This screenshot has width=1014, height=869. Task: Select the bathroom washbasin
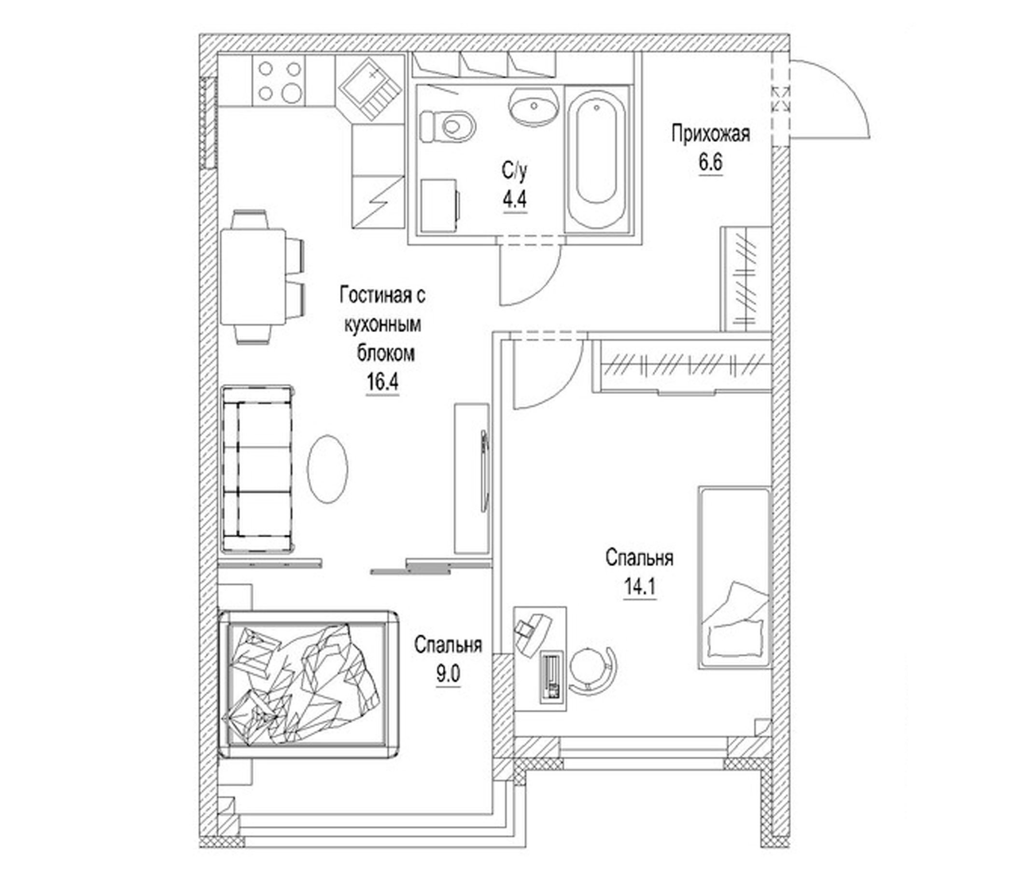534,107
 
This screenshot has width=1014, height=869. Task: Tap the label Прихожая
710,133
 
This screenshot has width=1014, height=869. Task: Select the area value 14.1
639,586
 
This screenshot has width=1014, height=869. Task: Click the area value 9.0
448,675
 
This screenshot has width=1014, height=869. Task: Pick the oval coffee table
327,469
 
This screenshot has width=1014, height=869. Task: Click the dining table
253,277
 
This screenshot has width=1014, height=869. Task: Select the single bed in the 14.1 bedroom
733,577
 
